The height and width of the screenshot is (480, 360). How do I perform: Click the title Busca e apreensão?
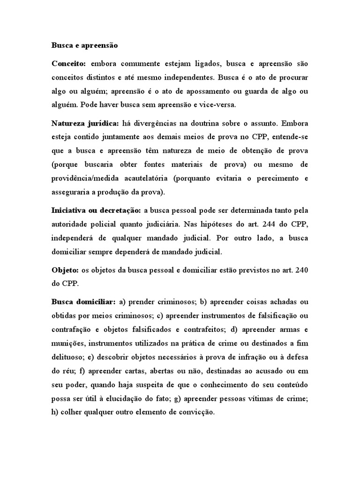click(x=84, y=46)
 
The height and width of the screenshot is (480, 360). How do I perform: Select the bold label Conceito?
click(x=68, y=63)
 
